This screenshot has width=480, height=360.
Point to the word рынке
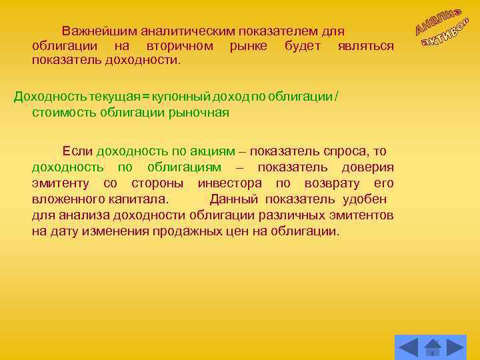tap(248, 46)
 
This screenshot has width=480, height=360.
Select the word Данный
tap(235, 199)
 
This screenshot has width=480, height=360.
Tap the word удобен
tap(365, 199)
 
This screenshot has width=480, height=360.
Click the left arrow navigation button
tap(407, 347)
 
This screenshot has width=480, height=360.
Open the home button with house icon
tap(433, 347)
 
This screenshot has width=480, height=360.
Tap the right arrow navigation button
tap(456, 347)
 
